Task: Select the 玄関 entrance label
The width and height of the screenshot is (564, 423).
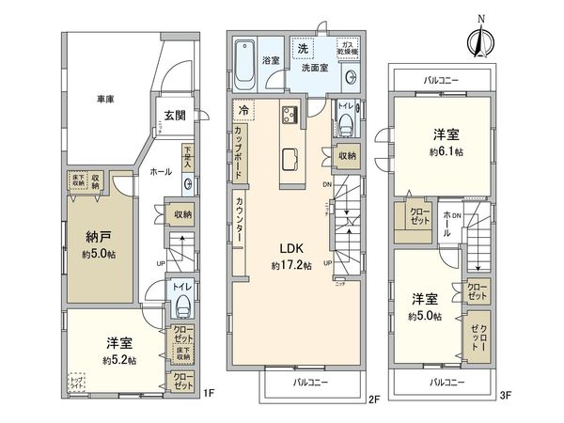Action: (174, 117)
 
